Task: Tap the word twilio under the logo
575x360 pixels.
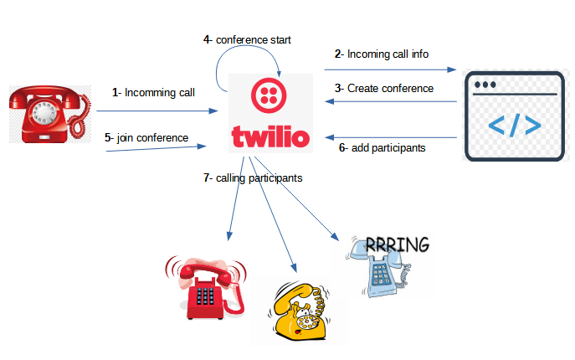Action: pyautogui.click(x=271, y=137)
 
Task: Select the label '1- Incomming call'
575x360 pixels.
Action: pyautogui.click(x=153, y=92)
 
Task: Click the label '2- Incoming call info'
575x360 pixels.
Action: pyautogui.click(x=382, y=54)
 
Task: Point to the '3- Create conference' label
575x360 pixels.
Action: pyautogui.click(x=384, y=88)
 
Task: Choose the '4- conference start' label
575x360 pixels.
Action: pyautogui.click(x=247, y=39)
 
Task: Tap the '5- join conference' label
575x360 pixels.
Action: pyautogui.click(x=146, y=137)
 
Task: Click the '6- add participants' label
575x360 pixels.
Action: pyautogui.click(x=382, y=147)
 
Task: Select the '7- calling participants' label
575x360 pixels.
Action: pyautogui.click(x=253, y=177)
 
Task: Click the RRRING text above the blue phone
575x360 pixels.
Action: pyautogui.click(x=398, y=244)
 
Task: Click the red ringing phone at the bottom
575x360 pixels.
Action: pyautogui.click(x=206, y=285)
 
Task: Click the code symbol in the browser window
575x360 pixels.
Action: pyautogui.click(x=513, y=125)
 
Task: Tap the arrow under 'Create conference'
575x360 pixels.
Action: pyautogui.click(x=391, y=102)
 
